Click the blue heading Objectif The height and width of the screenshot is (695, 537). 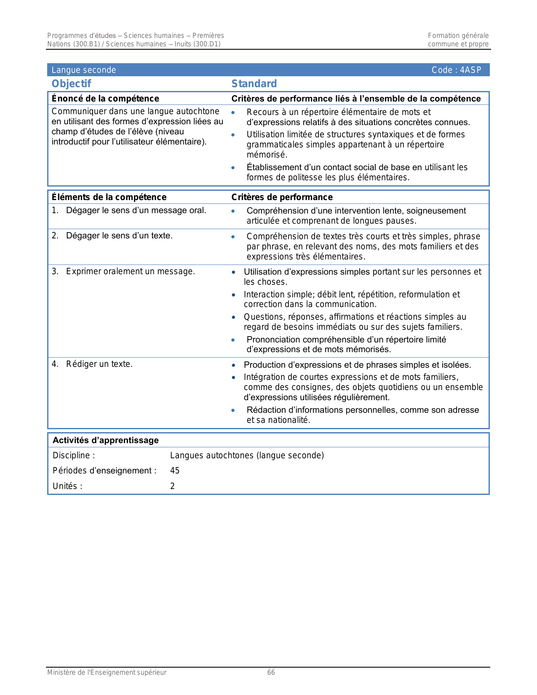(71, 84)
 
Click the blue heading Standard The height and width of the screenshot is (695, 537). (254, 84)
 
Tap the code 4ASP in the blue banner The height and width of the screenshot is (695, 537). (470, 70)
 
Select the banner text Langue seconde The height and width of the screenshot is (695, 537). (83, 70)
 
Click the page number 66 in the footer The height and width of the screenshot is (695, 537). (271, 673)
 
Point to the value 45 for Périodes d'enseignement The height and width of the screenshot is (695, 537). (175, 470)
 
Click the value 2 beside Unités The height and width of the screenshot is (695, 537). (172, 486)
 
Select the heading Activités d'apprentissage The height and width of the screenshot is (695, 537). (105, 440)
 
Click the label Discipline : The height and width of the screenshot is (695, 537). (73, 455)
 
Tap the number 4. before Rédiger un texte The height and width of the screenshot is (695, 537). (55, 364)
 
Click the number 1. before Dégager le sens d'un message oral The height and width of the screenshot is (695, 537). (55, 210)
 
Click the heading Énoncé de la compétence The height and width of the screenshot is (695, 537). (105, 99)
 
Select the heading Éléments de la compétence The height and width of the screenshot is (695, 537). (109, 197)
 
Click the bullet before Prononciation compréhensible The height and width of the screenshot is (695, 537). (233, 340)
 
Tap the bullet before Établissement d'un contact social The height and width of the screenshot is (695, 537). (233, 168)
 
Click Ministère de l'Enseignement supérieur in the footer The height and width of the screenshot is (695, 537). (107, 673)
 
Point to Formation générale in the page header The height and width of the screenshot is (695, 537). (458, 36)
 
